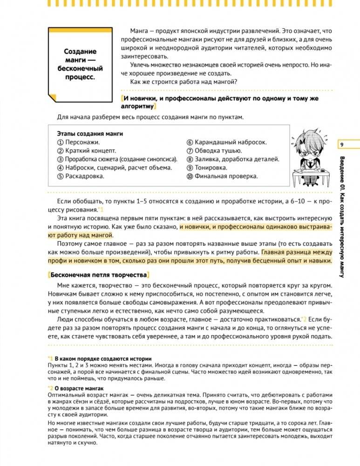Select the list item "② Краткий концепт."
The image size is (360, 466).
87,151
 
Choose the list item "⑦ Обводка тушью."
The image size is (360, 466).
214,151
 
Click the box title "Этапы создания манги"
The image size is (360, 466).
90,134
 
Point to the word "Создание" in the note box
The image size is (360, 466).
80,52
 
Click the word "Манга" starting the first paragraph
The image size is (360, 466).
140,30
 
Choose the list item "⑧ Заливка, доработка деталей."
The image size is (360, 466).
230,159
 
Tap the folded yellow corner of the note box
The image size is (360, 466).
53,97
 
